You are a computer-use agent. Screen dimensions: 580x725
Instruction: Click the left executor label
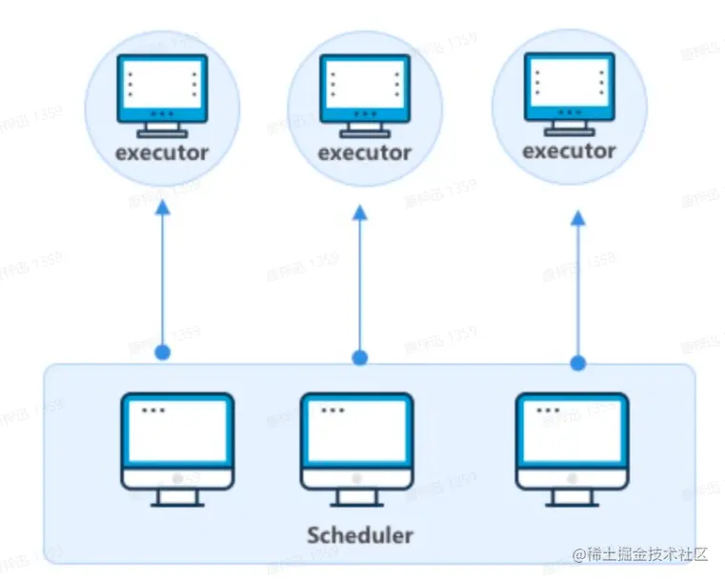(162, 152)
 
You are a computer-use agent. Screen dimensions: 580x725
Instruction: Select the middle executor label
(364, 153)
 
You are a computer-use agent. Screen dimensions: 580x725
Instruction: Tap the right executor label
(569, 150)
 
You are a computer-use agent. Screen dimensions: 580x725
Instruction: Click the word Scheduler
(360, 534)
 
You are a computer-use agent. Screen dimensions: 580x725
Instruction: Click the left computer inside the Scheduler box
(177, 448)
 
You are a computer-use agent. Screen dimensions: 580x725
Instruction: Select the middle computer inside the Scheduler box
(356, 448)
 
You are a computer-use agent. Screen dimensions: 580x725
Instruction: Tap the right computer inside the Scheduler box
(573, 448)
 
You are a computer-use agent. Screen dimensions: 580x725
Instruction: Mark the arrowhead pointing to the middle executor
(360, 213)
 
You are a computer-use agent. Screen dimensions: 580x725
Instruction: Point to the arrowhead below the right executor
(578, 218)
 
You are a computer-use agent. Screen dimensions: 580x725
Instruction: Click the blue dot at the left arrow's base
(163, 352)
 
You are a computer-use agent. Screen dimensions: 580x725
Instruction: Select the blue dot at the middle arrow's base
(360, 358)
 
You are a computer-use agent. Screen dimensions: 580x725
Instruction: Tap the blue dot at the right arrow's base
(578, 363)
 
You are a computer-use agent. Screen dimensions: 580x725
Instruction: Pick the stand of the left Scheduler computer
(177, 498)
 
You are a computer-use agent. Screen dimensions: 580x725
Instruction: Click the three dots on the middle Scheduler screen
(332, 410)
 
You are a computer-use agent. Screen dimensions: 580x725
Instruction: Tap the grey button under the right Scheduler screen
(573, 477)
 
